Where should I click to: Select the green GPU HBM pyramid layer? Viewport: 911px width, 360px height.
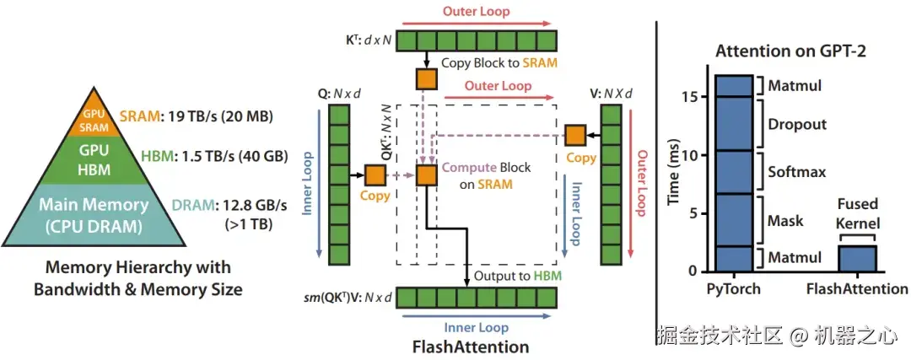pos(94,160)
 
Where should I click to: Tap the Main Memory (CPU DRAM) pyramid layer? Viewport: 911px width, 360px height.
pos(94,215)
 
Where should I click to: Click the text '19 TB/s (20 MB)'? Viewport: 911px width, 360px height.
pos(219,116)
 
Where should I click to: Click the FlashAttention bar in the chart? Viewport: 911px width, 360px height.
pos(856,258)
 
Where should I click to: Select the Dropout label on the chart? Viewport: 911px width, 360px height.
pos(797,124)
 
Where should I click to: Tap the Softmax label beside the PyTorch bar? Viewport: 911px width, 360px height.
pos(797,172)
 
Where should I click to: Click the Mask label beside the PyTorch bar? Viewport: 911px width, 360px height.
pos(785,221)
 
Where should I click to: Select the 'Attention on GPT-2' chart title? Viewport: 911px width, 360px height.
pos(790,51)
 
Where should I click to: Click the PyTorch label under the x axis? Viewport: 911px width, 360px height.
pos(734,288)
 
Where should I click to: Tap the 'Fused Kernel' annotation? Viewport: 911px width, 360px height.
pos(857,213)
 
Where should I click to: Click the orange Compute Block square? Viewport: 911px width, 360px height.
pos(427,175)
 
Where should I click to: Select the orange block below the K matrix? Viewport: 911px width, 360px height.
pos(427,79)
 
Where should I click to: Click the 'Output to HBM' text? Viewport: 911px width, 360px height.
pos(518,275)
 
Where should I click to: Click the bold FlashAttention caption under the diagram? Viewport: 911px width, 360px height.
pos(471,347)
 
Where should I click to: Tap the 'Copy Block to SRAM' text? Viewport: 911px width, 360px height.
pos(499,62)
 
